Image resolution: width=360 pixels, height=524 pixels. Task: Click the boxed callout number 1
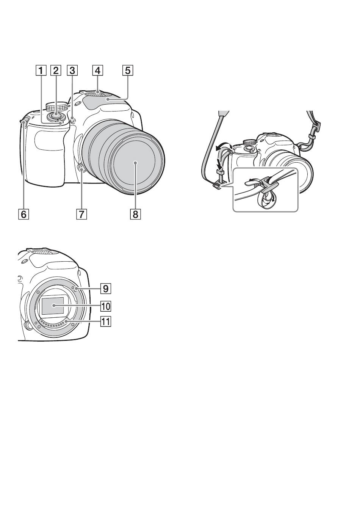coord(41,71)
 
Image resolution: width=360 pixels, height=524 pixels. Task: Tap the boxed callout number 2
coord(56,71)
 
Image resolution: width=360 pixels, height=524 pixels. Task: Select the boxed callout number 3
coord(72,71)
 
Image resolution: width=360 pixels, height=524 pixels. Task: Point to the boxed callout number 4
coord(97,71)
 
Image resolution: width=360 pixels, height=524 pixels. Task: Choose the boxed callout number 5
coord(128,71)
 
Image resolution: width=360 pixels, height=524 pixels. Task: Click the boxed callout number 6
coord(23,214)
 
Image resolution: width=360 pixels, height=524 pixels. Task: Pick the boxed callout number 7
coord(81,214)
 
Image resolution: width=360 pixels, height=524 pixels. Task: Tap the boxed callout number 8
coord(136,214)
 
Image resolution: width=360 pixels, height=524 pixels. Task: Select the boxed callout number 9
coord(106,289)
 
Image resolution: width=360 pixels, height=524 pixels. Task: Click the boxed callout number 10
coord(106,306)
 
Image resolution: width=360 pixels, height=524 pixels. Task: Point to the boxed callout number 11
coord(106,322)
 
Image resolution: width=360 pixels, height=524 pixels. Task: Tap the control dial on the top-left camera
coord(57,107)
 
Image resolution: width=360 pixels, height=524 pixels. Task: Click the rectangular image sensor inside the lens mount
coord(53,306)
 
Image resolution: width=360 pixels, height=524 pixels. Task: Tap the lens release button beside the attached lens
coord(80,168)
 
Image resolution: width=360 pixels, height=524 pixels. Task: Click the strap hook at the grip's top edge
coord(25,121)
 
